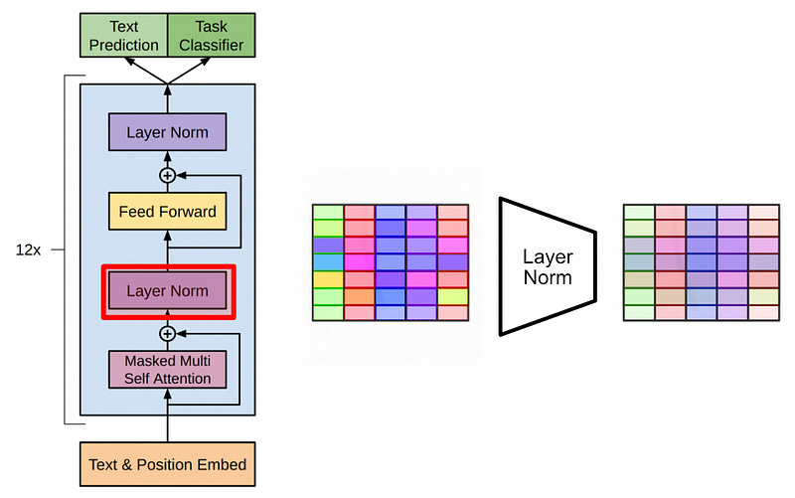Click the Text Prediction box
[x=123, y=35]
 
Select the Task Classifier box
[x=212, y=35]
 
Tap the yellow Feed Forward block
[x=167, y=211]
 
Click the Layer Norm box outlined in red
[x=167, y=290]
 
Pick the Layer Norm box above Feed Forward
[x=167, y=132]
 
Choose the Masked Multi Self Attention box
[x=167, y=370]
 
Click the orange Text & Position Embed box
[x=167, y=464]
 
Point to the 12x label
[x=28, y=250]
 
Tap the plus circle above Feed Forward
[x=167, y=176]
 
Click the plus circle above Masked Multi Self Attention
[x=167, y=334]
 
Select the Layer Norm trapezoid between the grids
[x=548, y=266]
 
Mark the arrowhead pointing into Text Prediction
[x=130, y=62]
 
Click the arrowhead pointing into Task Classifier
[x=206, y=62]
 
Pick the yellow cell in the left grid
[x=329, y=279]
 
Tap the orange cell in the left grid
[x=360, y=296]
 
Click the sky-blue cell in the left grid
[x=329, y=262]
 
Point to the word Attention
[x=182, y=379]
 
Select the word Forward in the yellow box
[x=188, y=211]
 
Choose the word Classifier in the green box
[x=212, y=45]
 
